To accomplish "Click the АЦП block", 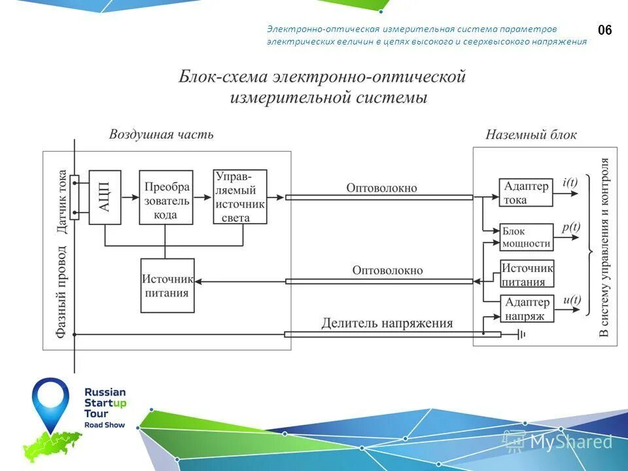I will (x=105, y=197).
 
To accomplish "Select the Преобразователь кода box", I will (x=166, y=197).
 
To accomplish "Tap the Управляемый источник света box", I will (x=240, y=197).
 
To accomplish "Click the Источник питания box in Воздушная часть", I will (x=167, y=285).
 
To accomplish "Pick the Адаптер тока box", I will (x=526, y=193).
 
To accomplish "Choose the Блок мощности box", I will (x=526, y=237).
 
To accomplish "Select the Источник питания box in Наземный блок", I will (x=527, y=275).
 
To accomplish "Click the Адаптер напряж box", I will (x=527, y=309).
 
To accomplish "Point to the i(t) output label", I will (x=570, y=183).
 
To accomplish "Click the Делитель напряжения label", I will (x=387, y=323).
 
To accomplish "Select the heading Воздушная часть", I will (x=161, y=135).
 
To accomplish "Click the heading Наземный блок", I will (x=531, y=135).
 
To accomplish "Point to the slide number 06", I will (x=605, y=30).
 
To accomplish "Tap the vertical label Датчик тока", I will (x=62, y=201).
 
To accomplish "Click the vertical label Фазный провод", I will (x=62, y=291).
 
